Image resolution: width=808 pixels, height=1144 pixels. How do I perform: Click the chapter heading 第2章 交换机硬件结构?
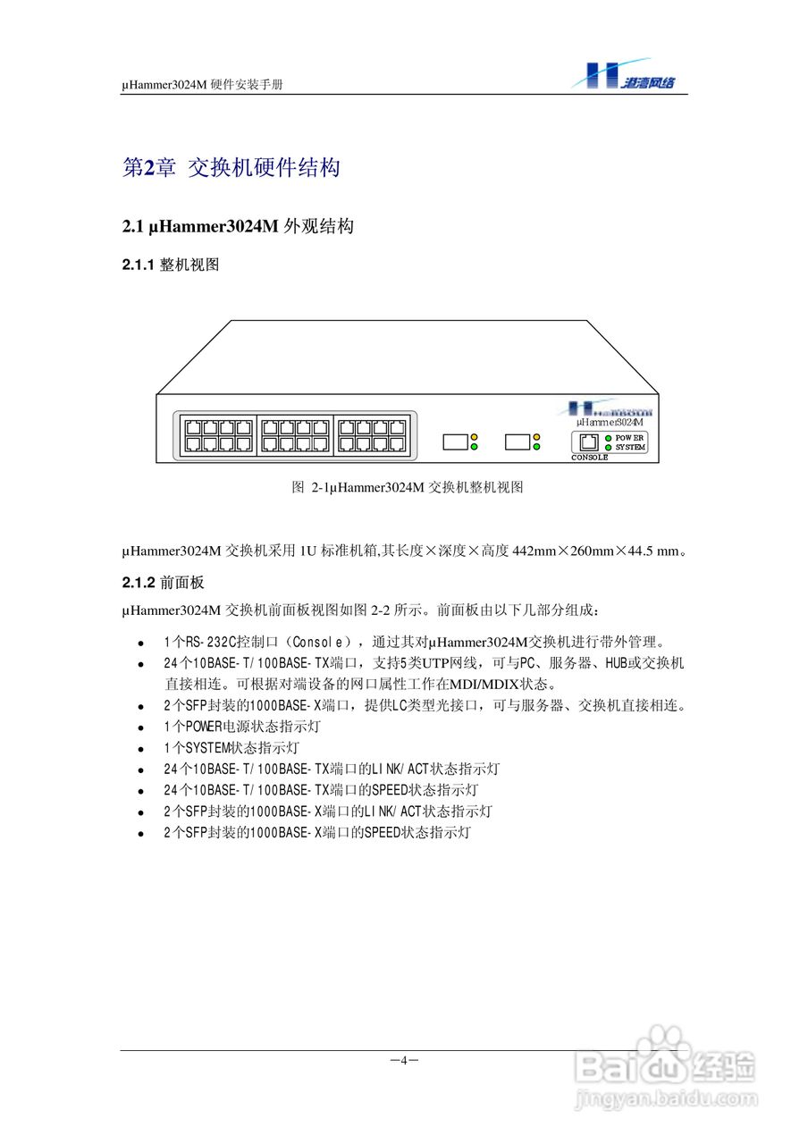click(x=231, y=167)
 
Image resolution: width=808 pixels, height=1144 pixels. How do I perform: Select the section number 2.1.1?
click(x=139, y=265)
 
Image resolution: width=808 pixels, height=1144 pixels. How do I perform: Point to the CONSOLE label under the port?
click(x=590, y=458)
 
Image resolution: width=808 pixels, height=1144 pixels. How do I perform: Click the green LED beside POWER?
click(x=608, y=438)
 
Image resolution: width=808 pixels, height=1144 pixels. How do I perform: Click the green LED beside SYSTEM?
click(x=608, y=447)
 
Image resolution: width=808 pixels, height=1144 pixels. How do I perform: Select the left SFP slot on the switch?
click(x=456, y=442)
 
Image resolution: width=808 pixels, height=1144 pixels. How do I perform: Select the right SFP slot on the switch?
click(x=518, y=442)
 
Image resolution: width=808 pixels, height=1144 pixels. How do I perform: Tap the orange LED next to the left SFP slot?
click(x=475, y=437)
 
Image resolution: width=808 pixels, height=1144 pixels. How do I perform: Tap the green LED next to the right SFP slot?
click(x=536, y=446)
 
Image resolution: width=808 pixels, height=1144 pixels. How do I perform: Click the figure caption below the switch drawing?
click(x=407, y=488)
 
